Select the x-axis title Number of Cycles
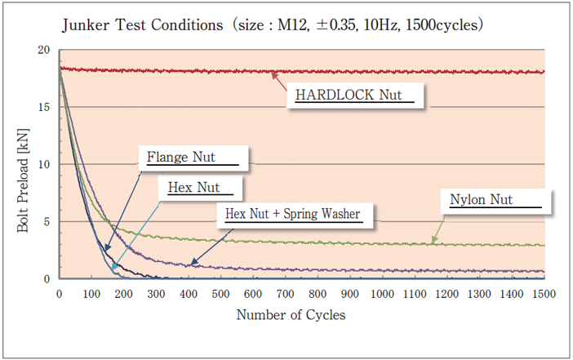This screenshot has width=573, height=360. [291, 314]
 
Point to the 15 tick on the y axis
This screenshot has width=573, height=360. [44, 108]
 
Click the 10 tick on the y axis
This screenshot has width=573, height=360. [44, 165]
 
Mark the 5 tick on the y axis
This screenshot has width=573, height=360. [47, 222]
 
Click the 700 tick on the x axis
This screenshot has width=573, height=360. [285, 293]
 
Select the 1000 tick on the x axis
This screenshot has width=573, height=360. [382, 293]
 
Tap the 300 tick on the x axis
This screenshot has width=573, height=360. [155, 293]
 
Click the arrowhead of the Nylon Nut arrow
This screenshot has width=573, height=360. [433, 242]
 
